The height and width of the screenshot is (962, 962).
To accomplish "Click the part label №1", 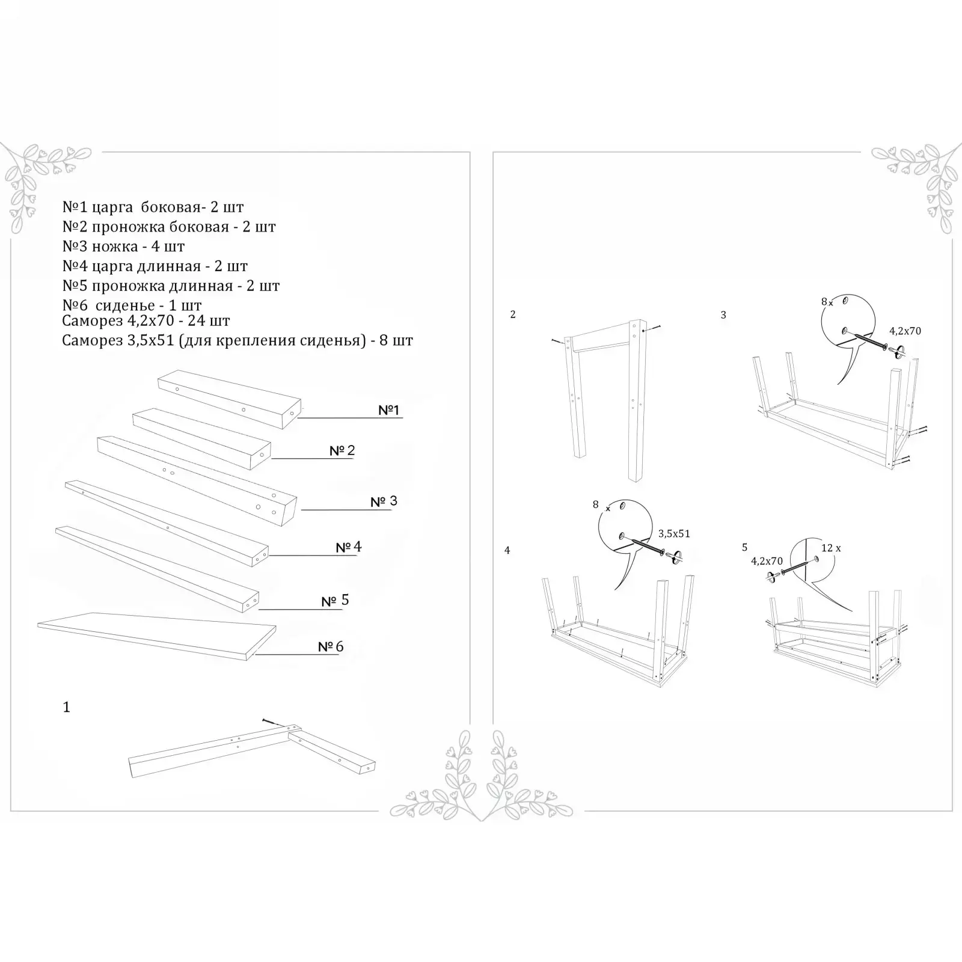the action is [x=388, y=410].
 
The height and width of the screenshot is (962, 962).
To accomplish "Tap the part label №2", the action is [x=342, y=450].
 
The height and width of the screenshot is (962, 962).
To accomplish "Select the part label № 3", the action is [x=384, y=501].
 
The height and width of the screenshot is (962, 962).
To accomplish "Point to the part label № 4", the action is [x=349, y=547].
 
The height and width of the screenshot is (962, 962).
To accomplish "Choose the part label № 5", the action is [x=335, y=600].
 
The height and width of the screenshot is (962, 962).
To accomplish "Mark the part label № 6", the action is [x=331, y=646].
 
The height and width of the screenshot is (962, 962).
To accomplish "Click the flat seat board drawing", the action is [x=157, y=636].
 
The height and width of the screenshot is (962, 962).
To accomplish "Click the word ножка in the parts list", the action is [x=115, y=247].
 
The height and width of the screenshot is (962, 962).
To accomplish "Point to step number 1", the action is [x=66, y=707].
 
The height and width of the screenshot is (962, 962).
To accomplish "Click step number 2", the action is [x=513, y=314].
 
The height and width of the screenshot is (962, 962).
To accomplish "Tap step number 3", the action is [x=723, y=314].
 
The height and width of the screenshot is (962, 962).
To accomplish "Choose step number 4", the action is [x=507, y=550].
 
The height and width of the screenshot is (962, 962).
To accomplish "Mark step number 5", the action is [x=745, y=547].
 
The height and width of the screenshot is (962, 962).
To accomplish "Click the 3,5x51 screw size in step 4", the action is [x=674, y=533].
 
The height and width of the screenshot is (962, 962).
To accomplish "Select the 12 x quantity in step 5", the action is [x=831, y=548].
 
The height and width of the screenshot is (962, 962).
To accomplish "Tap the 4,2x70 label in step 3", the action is [x=905, y=331].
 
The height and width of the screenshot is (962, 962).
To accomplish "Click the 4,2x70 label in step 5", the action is [x=767, y=561].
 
